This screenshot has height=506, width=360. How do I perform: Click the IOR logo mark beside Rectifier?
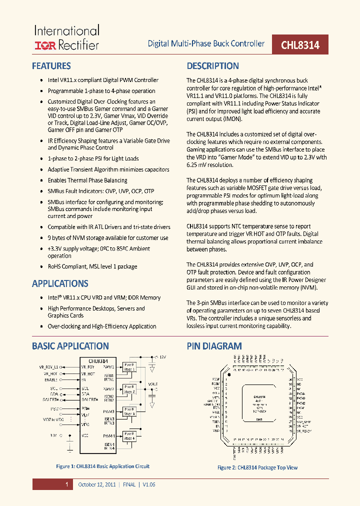click(45, 45)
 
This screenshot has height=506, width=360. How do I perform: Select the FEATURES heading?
click(51, 66)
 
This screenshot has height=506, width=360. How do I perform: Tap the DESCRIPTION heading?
click(212, 66)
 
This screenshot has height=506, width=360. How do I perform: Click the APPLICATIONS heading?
click(60, 283)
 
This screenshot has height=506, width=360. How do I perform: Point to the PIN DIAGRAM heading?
click(214, 346)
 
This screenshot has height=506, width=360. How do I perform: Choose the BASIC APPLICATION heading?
click(70, 346)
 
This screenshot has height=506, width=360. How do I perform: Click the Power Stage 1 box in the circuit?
click(129, 367)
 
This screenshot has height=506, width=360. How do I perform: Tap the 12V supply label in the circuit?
click(163, 357)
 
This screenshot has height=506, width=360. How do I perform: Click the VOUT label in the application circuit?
click(152, 384)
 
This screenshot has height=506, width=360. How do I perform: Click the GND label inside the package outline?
click(259, 419)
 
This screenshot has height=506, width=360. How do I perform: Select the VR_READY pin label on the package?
click(304, 430)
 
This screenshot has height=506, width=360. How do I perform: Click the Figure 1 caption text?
click(102, 466)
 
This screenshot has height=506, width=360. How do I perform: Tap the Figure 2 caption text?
click(257, 467)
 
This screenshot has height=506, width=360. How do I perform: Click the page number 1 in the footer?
click(66, 484)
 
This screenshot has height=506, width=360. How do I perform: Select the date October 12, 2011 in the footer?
click(96, 484)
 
